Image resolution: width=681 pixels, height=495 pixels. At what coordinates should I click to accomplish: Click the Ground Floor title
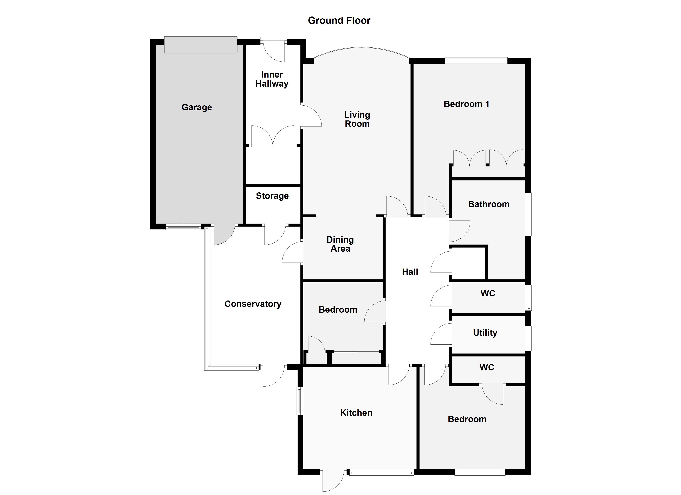click(339, 20)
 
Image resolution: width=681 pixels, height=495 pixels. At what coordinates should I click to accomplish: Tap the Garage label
click(197, 107)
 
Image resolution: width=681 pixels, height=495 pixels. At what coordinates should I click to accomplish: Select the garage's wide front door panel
click(201, 45)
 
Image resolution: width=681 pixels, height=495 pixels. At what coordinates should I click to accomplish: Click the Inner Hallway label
click(272, 79)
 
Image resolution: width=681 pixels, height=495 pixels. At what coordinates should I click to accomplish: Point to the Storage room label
click(272, 196)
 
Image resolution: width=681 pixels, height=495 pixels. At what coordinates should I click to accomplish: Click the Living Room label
click(357, 119)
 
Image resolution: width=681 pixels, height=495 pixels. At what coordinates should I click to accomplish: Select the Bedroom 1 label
click(466, 104)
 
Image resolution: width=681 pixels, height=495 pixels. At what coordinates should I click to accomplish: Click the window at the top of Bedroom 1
click(476, 60)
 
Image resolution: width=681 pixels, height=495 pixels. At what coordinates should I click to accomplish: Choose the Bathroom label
click(488, 204)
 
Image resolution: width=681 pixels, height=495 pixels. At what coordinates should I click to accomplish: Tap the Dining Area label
click(340, 244)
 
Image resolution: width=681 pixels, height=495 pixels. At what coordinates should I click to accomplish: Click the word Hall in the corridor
click(410, 272)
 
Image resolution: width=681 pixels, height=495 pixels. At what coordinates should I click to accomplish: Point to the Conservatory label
click(253, 304)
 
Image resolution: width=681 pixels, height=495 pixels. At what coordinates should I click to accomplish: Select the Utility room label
click(485, 333)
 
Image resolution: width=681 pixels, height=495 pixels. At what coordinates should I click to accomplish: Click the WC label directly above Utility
click(488, 293)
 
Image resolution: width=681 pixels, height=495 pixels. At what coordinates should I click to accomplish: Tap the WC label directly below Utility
click(487, 367)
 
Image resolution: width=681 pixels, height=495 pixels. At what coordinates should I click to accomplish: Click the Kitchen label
click(356, 413)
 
